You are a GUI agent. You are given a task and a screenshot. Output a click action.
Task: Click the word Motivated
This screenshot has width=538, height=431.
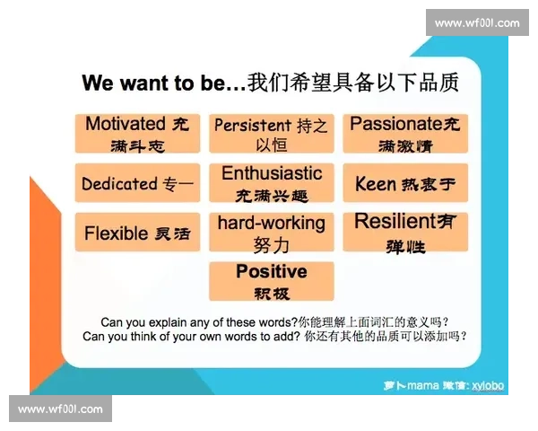[126, 123]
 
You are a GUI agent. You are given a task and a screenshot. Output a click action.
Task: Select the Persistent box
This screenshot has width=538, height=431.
[272, 134]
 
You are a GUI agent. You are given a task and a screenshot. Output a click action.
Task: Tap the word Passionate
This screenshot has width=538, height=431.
[396, 123]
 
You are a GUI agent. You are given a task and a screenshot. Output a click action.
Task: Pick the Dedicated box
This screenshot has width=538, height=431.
[137, 183]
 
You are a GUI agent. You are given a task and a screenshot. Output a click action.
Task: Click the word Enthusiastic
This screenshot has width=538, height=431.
[272, 173]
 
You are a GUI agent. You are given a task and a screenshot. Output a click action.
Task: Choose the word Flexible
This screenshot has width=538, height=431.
[116, 233]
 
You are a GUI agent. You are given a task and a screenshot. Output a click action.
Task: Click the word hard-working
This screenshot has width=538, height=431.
[272, 224]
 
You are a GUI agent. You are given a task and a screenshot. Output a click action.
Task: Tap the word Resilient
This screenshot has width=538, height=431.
[395, 221]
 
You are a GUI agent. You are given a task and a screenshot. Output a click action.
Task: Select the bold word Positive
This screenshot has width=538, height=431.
[272, 271]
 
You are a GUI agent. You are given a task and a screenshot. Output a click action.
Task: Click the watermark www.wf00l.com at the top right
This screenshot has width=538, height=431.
[477, 23]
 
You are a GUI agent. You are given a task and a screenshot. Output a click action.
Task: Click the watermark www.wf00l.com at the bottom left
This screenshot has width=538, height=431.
[60, 409]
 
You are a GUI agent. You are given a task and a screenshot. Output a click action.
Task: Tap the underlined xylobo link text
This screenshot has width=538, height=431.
[488, 385]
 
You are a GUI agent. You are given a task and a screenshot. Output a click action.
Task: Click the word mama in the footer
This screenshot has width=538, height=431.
[422, 385]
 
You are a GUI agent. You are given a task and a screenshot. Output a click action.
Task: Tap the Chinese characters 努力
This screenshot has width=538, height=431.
[272, 245]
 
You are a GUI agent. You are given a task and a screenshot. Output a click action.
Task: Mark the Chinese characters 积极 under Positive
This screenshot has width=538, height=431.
[272, 294]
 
